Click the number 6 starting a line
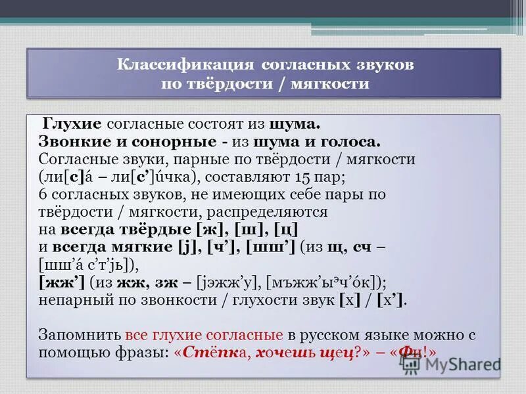coord(43,195)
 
